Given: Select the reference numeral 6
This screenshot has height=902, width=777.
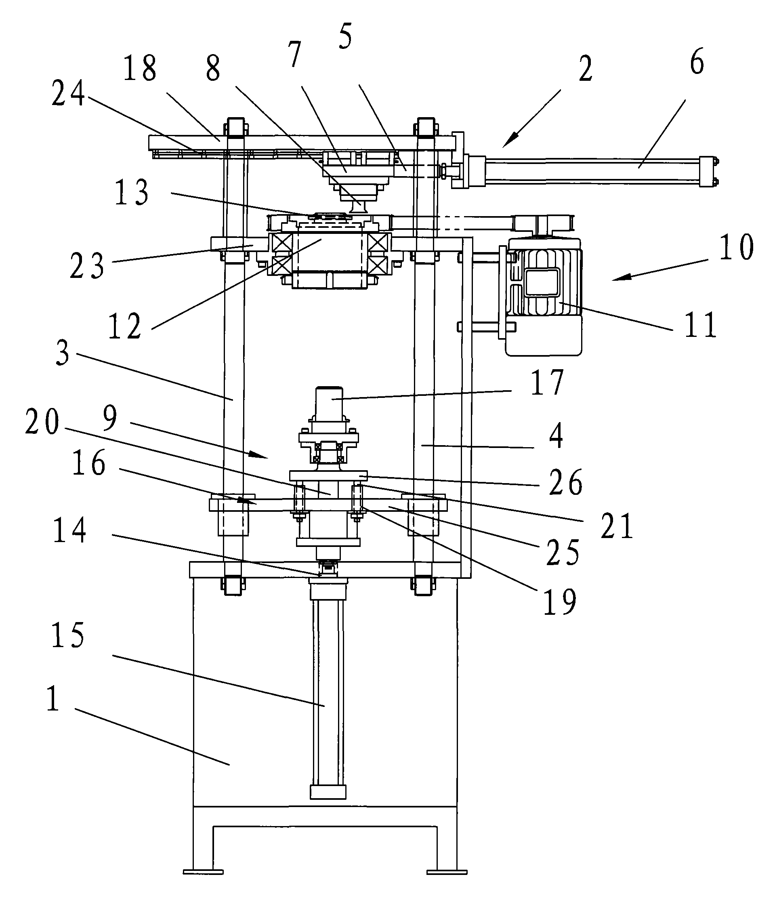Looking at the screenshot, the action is [697, 62].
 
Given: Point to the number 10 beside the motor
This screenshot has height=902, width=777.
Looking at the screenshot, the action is [736, 247].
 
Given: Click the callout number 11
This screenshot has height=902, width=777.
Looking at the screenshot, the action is [700, 325].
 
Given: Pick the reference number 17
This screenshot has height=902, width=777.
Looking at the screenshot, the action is [547, 382].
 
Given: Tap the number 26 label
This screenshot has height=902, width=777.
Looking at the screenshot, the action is [565, 482].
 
